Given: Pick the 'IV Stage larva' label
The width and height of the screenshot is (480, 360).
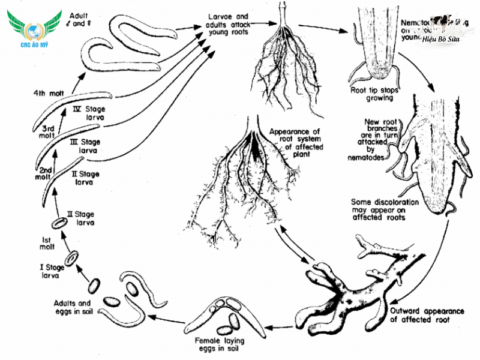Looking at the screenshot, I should coord(88,113).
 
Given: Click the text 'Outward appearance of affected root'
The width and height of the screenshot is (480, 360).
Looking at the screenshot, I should coord(427,316).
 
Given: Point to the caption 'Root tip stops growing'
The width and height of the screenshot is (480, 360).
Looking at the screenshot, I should coord(373,94).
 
